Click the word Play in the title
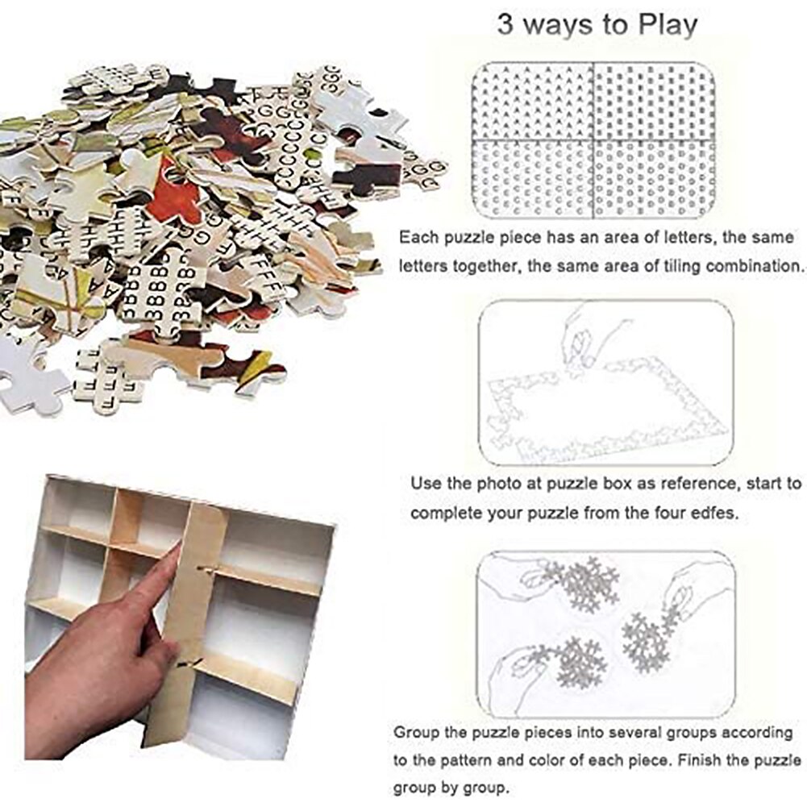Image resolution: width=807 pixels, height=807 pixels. point(659,24)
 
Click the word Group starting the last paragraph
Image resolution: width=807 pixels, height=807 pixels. point(417,733)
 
